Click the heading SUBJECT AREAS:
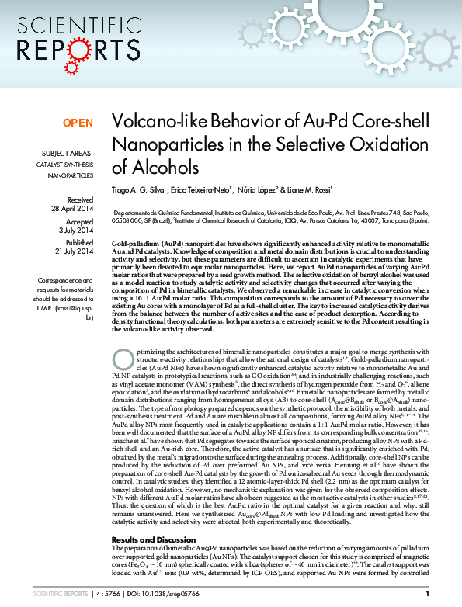pos(65,154)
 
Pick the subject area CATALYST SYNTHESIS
pos(65,165)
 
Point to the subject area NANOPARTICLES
pos(71,176)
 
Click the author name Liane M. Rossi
pos(321,190)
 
